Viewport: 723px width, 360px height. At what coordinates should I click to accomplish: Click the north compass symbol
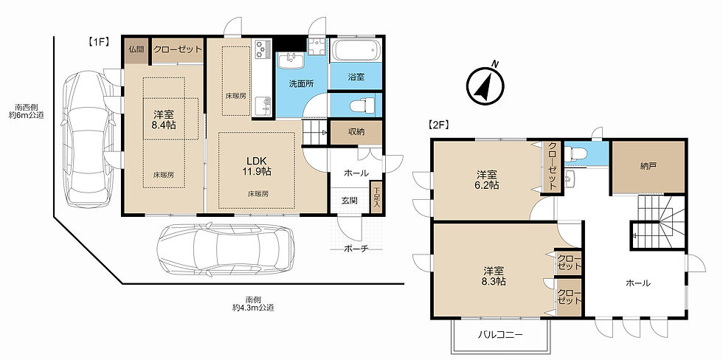tap(485, 85)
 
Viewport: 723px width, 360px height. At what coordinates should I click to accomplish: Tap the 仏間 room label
tap(136, 49)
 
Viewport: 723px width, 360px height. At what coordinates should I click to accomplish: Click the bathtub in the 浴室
tap(356, 50)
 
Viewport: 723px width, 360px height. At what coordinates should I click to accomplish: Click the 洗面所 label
tap(301, 84)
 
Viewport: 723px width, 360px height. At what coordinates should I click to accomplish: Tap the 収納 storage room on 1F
tap(356, 133)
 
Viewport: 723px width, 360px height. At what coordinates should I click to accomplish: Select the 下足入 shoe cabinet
tap(377, 197)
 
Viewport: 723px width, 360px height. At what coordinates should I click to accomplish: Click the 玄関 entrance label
tap(349, 201)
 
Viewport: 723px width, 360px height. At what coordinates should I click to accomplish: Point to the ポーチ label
tap(356, 249)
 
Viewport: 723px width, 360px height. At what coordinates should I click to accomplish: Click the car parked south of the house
tap(226, 249)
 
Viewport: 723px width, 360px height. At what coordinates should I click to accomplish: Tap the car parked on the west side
tap(88, 139)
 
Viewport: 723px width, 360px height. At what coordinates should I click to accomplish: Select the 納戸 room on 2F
tap(648, 167)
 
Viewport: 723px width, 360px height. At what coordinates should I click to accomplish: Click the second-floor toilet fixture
tap(575, 153)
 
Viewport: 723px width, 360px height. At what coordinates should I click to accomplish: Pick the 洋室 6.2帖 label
tap(488, 180)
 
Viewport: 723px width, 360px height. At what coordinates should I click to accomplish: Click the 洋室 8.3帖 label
tap(494, 276)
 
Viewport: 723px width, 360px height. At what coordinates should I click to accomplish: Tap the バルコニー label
tap(500, 335)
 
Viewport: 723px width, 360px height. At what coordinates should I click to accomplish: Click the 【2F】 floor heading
tap(438, 124)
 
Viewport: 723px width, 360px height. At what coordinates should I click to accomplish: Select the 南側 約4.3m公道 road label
tap(253, 303)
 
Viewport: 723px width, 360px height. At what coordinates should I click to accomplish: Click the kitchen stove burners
tap(261, 49)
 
